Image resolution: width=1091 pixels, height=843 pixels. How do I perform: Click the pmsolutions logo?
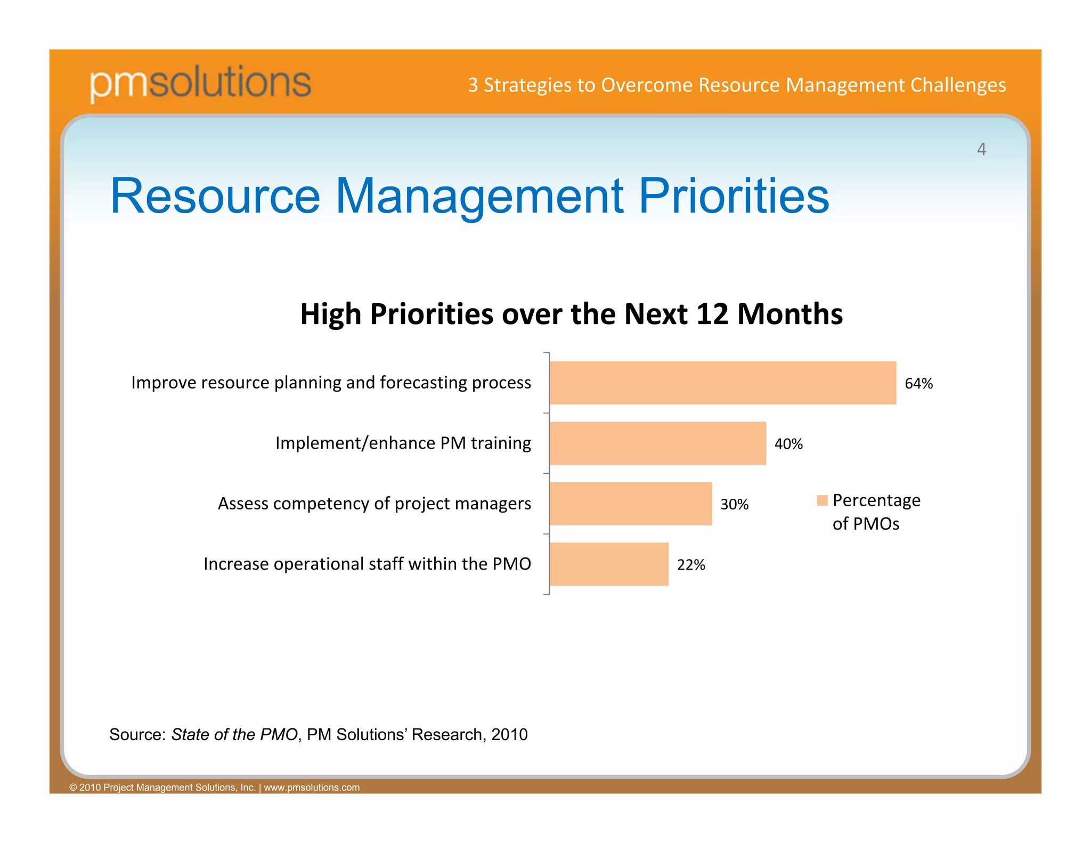200,83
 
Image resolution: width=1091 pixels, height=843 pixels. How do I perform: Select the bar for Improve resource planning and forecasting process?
722,383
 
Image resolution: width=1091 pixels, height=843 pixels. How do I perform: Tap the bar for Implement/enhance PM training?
657,443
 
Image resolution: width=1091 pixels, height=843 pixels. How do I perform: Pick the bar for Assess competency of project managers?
630,504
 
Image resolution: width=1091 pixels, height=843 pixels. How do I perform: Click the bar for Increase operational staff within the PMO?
608,564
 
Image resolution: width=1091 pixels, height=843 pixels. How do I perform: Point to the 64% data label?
918,384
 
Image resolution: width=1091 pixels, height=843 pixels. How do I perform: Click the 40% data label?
788,444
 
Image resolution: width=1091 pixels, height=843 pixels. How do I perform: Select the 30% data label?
734,504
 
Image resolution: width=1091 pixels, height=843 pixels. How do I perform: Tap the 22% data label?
690,565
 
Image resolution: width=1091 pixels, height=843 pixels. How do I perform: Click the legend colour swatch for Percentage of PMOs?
822,500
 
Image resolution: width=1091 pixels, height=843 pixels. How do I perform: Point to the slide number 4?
981,149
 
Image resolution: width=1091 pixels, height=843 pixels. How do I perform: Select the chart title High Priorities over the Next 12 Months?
571,314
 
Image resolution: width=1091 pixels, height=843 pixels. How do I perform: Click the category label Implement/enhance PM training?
403,443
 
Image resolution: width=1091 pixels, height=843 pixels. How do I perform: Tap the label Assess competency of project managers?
374,504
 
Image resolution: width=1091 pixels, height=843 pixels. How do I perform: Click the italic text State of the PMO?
234,734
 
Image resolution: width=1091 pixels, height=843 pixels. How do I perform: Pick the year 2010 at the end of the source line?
509,734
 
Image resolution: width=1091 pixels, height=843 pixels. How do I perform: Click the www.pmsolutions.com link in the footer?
312,788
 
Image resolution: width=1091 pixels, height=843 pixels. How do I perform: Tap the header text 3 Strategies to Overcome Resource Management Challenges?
736,85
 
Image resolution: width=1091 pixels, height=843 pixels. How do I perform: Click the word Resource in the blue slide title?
215,196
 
